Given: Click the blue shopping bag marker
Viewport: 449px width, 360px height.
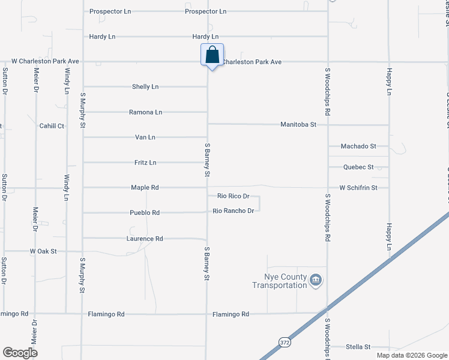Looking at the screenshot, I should [212, 55].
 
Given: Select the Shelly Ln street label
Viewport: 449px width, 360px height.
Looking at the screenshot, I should [145, 87].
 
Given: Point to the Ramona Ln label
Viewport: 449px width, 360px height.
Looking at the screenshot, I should [146, 112].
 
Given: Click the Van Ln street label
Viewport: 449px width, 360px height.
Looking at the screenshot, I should [145, 137].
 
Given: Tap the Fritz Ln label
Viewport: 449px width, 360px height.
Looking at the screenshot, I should [145, 163].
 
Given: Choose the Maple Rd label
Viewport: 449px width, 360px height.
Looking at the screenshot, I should [145, 188].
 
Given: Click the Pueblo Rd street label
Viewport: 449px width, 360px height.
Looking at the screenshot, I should [145, 213].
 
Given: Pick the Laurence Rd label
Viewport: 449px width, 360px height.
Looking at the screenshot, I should [145, 239].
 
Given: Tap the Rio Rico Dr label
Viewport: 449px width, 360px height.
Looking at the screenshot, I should [233, 196].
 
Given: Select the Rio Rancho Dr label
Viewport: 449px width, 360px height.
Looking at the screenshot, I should [234, 211].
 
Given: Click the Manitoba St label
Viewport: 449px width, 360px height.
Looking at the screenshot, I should [298, 125].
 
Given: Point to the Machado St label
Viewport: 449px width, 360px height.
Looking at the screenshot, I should [358, 146].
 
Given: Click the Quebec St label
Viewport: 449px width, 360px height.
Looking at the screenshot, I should [358, 167].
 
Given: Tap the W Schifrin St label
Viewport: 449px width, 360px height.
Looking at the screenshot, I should [358, 188].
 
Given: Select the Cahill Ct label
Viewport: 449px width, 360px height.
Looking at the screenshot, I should [52, 126].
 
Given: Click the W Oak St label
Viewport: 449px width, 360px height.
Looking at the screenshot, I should [43, 251].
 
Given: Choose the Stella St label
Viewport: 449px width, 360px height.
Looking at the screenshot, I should [358, 347].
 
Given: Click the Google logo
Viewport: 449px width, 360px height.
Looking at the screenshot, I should [20, 353].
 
